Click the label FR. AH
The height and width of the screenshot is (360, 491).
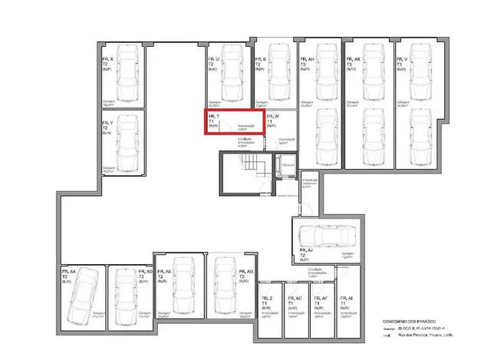point(305,58)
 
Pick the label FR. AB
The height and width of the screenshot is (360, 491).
point(353,58)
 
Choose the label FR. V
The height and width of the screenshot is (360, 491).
point(400,58)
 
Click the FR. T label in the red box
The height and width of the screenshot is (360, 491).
point(213,116)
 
